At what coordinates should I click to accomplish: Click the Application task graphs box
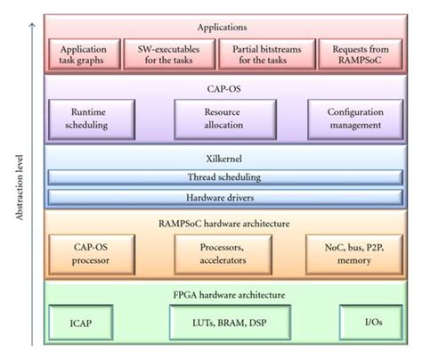pos(85,54)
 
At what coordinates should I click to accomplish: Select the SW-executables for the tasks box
pos(169,54)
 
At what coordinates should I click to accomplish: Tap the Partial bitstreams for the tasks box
pos(267,54)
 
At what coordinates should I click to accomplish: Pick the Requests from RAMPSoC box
pos(361,54)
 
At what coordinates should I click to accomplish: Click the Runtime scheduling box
pos(92,119)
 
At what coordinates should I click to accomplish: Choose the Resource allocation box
pos(225,119)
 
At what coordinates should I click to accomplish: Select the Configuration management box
pos(355,119)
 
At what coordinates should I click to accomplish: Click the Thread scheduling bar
pos(225,177)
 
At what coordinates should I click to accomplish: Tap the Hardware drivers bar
pos(225,198)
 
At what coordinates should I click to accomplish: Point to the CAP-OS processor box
pos(92,254)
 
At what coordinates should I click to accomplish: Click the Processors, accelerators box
pos(223,254)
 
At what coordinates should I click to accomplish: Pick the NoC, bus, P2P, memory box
pos(354,254)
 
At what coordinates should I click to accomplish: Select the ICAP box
pos(81,323)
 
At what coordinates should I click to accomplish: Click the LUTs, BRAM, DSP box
pos(230,323)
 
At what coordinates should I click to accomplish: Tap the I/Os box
pos(371,323)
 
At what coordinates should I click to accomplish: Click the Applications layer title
pos(223,28)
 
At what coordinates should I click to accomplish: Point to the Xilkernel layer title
pos(224,159)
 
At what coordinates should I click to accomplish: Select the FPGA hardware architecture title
pos(229,295)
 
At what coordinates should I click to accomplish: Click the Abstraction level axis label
pos(19,188)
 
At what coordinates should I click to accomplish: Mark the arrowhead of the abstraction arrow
pos(32,24)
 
